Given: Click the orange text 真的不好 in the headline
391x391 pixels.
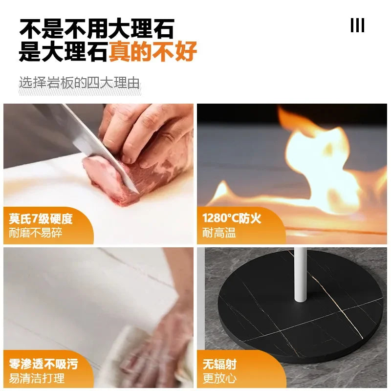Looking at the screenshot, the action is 153,52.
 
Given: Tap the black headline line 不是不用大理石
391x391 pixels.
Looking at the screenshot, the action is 97,28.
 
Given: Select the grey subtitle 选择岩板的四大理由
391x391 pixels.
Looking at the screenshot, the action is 79,83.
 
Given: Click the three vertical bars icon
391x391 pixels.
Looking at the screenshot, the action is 357,25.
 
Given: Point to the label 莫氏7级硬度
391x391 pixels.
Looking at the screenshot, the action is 41,218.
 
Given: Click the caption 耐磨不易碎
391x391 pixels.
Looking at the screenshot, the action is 35,233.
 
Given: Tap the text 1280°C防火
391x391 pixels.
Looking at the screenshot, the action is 232,218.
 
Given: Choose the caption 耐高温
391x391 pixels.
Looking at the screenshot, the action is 219,233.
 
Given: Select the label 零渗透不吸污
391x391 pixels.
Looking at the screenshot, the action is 43,364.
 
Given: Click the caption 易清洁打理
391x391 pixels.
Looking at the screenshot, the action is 37,378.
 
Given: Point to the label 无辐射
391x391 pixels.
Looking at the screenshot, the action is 219,364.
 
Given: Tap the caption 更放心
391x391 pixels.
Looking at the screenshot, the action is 219,378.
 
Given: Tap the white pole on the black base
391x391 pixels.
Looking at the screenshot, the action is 300,275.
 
